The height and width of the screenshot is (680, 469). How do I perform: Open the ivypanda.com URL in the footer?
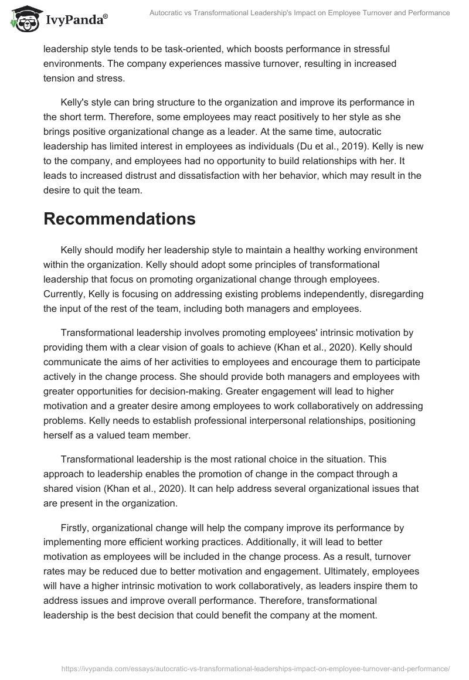[x=252, y=668]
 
